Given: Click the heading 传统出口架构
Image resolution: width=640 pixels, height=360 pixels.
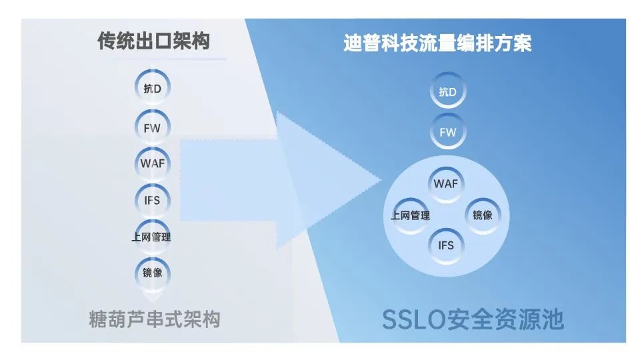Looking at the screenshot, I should coord(154,41).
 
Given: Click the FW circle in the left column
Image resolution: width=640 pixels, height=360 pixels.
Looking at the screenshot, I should coord(152,127).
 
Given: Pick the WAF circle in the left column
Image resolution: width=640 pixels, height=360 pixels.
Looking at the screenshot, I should coord(152,163).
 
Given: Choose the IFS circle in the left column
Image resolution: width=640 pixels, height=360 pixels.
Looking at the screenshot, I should coord(152,199).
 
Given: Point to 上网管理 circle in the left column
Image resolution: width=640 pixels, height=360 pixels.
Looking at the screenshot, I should coord(152,237).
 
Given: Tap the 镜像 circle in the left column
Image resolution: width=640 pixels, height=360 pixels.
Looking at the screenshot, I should coord(152,272).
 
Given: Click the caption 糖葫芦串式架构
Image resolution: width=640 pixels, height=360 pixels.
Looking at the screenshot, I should coord(154,320).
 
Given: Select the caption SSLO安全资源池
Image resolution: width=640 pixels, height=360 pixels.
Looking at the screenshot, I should coord(473,320).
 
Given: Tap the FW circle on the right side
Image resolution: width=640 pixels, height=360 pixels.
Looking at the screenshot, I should coord(448,131).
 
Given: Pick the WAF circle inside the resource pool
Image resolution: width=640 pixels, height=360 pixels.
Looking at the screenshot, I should coord(446,183).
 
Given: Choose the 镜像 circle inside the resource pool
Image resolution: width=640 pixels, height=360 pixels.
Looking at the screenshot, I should coord(482,215).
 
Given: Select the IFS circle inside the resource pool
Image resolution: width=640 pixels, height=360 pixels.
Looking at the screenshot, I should coord(446,245).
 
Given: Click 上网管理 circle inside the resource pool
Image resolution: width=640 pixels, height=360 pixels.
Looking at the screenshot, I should coord(410,215).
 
